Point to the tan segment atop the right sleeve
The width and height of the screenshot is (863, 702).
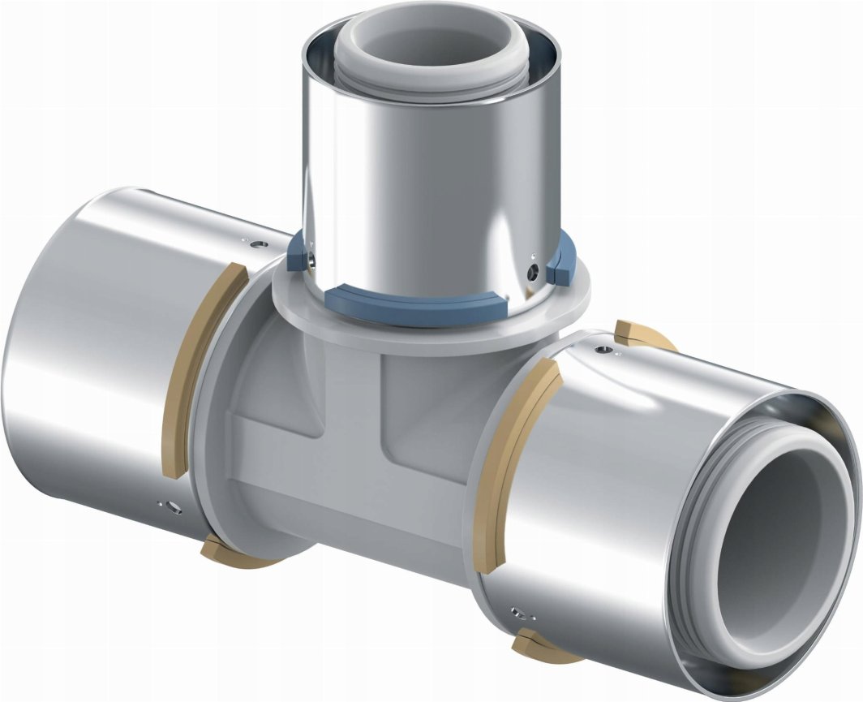tap(637, 334)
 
